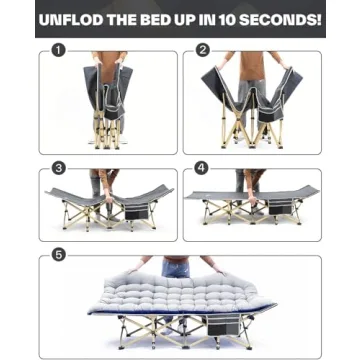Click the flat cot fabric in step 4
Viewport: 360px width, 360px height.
[x=250, y=193]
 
